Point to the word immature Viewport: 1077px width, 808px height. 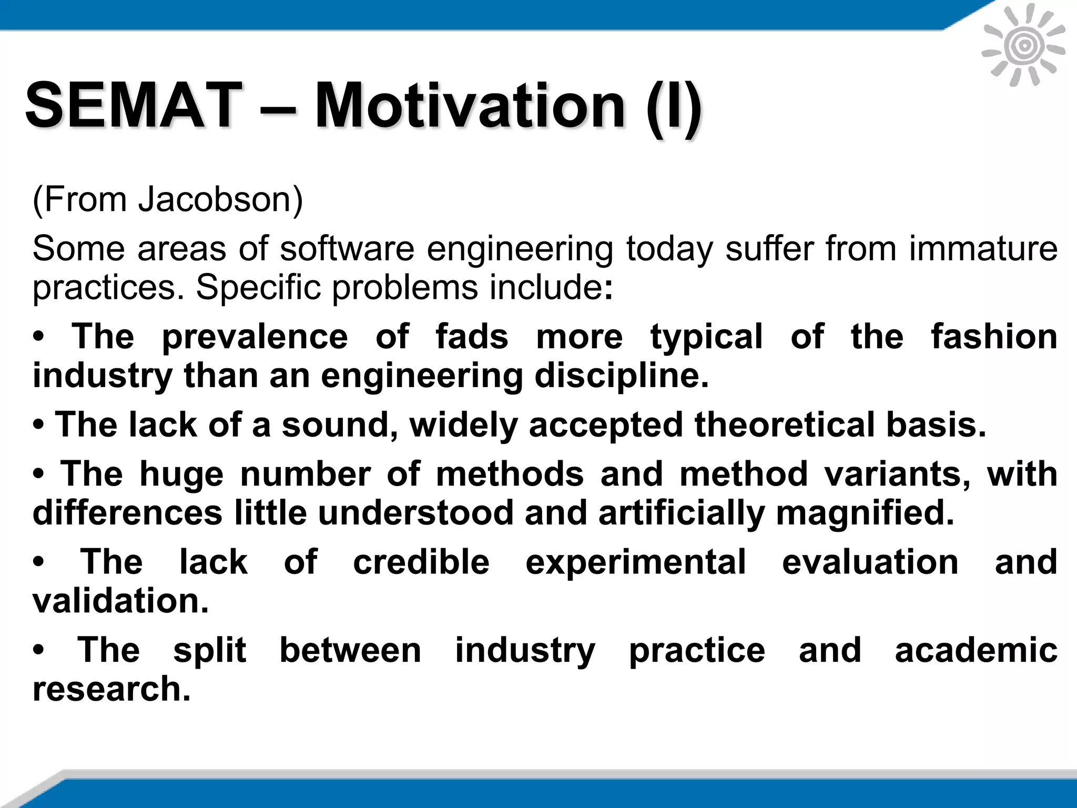[x=983, y=248]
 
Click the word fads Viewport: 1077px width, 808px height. [x=472, y=337]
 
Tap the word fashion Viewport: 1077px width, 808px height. [x=994, y=337]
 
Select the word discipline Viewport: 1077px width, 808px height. [x=621, y=376]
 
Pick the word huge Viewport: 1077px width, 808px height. [x=181, y=474]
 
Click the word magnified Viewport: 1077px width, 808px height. [x=865, y=513]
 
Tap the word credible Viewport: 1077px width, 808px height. [x=421, y=562]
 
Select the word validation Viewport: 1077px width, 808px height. [x=120, y=601]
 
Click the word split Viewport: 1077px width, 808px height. [x=209, y=650]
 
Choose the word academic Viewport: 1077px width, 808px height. [x=976, y=650]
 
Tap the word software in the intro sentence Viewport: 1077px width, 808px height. [x=347, y=248]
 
